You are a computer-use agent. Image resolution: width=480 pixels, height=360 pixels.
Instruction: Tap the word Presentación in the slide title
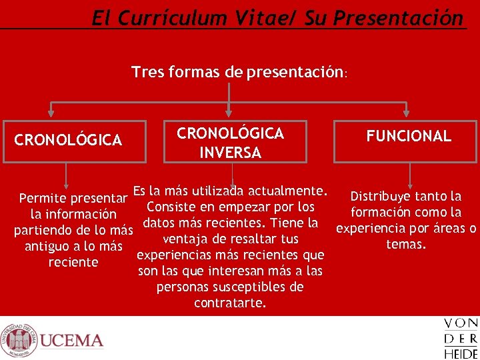pyautogui.click(x=398, y=18)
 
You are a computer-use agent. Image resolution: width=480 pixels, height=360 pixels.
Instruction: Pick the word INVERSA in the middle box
pyautogui.click(x=230, y=153)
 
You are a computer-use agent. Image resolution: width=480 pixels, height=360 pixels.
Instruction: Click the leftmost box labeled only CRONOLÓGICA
pyautogui.click(x=74, y=141)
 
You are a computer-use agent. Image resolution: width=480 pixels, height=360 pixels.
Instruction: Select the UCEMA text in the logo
pyautogui.click(x=71, y=341)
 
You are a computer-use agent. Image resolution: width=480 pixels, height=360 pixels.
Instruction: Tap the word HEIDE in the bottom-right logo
pyautogui.click(x=461, y=353)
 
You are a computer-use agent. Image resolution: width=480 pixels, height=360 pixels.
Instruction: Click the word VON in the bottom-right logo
pyautogui.click(x=461, y=325)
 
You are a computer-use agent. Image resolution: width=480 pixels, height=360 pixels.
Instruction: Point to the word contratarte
pyautogui.click(x=230, y=303)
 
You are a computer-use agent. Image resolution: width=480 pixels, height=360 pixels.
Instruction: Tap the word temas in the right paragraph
pyautogui.click(x=405, y=244)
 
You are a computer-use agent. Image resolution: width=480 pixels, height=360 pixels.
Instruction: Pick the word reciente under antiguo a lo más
pyautogui.click(x=73, y=262)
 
